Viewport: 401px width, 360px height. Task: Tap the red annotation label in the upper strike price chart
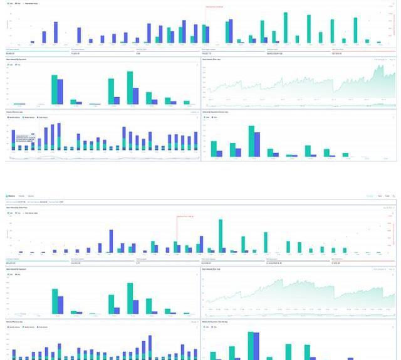[x=214, y=6]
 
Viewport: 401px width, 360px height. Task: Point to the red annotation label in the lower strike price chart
[x=185, y=216]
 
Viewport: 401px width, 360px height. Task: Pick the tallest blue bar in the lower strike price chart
[x=111, y=241]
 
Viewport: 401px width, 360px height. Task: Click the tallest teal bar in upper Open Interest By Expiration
[x=130, y=88]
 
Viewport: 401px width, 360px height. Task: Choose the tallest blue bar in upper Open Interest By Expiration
[x=60, y=92]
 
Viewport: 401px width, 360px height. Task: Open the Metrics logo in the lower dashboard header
[x=11, y=196]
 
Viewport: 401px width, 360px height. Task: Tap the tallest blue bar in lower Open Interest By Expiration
[x=61, y=304]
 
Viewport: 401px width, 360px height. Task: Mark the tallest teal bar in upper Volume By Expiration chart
[x=251, y=141]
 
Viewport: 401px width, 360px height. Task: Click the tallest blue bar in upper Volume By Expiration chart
[x=257, y=145]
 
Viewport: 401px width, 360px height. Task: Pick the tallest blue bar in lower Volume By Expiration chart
[x=256, y=346]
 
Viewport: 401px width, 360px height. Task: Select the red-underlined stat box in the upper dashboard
[x=363, y=52]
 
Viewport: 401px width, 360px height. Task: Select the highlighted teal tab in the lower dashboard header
[x=370, y=196]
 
